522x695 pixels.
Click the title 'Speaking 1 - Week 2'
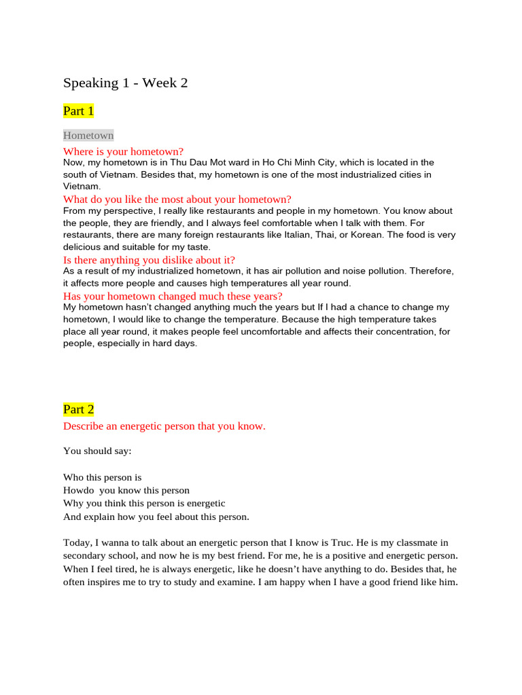click(x=125, y=83)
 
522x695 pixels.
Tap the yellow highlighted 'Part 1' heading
click(x=78, y=111)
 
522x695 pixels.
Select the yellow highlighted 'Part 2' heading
click(x=78, y=409)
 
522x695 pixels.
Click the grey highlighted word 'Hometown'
click(x=88, y=135)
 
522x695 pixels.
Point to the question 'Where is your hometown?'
click(x=123, y=151)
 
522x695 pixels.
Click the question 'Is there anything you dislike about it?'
click(x=150, y=259)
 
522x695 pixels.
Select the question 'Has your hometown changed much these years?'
click(x=173, y=296)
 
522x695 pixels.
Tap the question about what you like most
click(x=177, y=199)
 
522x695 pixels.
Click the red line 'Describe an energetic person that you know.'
click(x=164, y=426)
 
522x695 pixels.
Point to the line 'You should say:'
click(x=97, y=450)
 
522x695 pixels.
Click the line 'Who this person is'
click(x=102, y=477)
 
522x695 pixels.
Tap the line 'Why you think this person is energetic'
click(x=144, y=503)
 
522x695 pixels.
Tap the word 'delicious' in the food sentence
click(x=84, y=247)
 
